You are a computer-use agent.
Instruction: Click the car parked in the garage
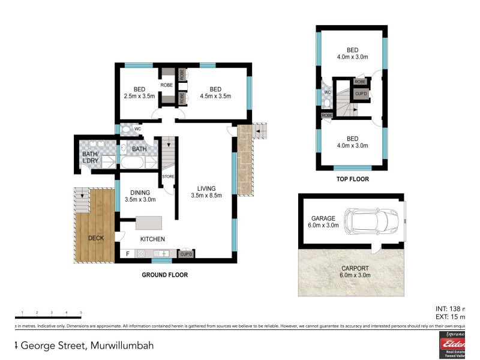(368, 221)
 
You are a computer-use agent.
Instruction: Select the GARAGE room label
(325, 222)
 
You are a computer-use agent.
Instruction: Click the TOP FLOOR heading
(351, 179)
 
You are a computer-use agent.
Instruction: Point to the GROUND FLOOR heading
(164, 275)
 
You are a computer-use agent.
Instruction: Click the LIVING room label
(206, 191)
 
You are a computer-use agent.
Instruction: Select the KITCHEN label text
(152, 239)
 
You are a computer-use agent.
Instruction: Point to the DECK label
(96, 238)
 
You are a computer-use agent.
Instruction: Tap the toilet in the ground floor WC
(125, 128)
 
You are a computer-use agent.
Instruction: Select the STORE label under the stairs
(167, 176)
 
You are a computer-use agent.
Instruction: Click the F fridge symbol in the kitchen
(128, 254)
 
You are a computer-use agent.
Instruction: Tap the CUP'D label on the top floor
(361, 94)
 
